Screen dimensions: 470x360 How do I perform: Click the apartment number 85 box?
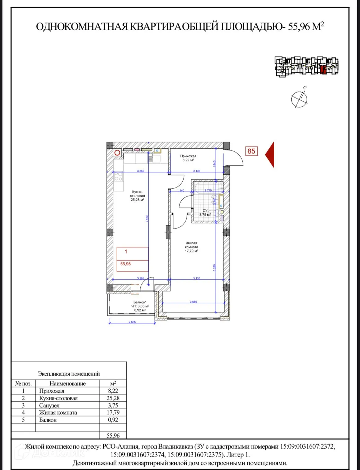click(x=251, y=151)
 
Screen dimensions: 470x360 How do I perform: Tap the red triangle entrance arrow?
click(x=270, y=155)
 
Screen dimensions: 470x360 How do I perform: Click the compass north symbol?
click(x=299, y=99)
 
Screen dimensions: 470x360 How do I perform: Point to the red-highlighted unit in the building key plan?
click(x=324, y=70)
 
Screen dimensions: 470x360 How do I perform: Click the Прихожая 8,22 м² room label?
click(x=188, y=158)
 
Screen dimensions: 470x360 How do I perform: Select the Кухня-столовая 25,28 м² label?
click(x=137, y=196)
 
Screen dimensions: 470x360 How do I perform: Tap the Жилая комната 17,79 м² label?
click(x=191, y=247)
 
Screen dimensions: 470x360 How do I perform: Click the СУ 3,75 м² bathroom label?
click(x=205, y=213)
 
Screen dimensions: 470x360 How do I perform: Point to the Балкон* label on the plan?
click(x=140, y=302)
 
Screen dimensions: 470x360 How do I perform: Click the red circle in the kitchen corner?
click(x=117, y=153)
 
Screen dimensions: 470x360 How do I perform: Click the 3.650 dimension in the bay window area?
click(x=193, y=302)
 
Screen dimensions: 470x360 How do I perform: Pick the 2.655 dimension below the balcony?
click(x=132, y=322)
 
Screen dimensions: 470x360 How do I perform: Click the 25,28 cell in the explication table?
click(x=113, y=398)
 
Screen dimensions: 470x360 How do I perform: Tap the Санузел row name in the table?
click(x=49, y=405)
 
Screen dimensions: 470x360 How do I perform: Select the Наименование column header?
click(x=67, y=384)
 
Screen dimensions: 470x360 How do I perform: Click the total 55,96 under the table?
click(x=113, y=436)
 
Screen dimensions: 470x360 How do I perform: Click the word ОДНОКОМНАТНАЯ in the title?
click(x=82, y=27)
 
